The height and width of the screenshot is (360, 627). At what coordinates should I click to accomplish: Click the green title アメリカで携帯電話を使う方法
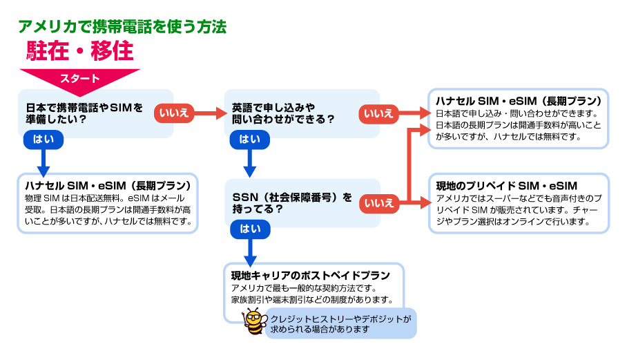(x=122, y=27)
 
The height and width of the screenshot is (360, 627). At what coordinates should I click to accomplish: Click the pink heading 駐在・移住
(x=79, y=50)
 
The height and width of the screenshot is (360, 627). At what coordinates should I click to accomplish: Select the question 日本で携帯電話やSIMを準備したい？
(x=84, y=113)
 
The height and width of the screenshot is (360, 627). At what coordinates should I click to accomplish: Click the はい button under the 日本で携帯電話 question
(x=44, y=139)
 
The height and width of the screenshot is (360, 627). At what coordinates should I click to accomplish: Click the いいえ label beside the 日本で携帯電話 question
(x=174, y=112)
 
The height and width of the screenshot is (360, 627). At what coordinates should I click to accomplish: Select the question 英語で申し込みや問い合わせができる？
(x=283, y=113)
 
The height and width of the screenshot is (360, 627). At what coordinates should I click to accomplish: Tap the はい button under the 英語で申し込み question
(x=249, y=139)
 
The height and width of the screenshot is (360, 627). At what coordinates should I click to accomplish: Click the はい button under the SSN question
(x=249, y=228)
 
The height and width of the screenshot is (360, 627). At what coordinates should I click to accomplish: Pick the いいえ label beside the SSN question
(x=378, y=202)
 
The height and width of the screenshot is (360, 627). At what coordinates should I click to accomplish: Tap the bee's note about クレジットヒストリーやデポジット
(x=340, y=324)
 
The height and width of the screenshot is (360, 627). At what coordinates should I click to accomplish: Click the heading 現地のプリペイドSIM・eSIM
(x=506, y=186)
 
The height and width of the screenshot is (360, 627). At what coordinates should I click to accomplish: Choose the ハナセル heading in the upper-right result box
(x=515, y=100)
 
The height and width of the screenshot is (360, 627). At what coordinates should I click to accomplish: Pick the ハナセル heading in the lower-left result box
(x=107, y=186)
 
